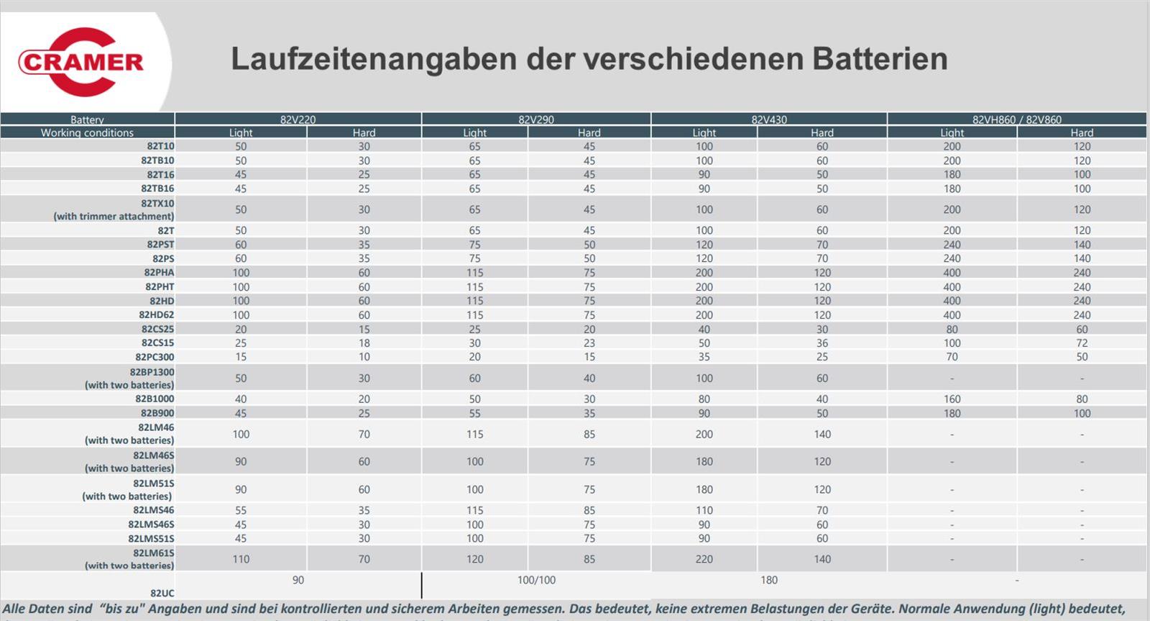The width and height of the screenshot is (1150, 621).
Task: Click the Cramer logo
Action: pos(80,62)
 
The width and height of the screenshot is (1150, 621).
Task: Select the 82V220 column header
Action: pos(298,119)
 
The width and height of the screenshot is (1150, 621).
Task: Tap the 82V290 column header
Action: pos(536,119)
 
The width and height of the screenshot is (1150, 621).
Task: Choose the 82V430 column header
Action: pos(769,119)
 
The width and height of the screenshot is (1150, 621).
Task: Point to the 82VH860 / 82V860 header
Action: pos(1016,119)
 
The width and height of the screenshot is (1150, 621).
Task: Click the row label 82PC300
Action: pos(155,357)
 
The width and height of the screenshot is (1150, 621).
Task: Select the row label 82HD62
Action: pos(156,314)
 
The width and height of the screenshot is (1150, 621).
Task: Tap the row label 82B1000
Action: pos(155,399)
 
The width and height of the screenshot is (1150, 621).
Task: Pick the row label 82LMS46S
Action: pos(151,525)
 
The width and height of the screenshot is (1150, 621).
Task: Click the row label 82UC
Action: pos(162,594)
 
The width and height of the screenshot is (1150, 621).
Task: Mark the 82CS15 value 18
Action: pos(364,343)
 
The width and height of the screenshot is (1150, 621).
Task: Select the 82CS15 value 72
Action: pos(1082,343)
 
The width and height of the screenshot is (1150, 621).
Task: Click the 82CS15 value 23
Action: pos(589,343)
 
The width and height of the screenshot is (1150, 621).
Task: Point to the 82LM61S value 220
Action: pos(704,559)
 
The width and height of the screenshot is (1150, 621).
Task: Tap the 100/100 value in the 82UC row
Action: pos(536,580)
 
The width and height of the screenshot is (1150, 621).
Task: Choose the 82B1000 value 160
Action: pos(952,399)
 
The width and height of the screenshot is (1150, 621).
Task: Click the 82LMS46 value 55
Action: pos(241,510)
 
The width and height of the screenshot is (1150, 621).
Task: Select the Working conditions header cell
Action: pos(87,132)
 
